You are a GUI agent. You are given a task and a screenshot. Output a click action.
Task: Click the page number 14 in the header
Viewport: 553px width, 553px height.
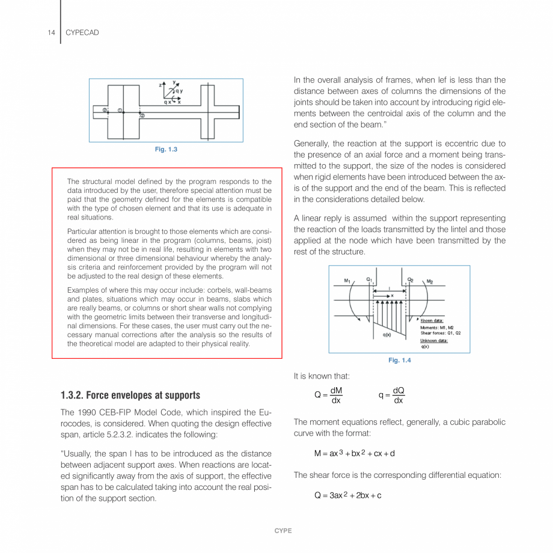pos(51,32)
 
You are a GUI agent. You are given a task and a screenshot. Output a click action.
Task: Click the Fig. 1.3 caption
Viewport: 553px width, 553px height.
pos(166,149)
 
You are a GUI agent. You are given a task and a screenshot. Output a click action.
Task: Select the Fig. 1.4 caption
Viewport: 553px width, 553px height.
pos(399,360)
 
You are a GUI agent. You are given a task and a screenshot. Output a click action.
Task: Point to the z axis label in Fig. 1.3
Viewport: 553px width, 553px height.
pos(160,85)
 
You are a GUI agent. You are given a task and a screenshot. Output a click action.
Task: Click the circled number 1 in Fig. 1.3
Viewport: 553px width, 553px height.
pos(120,110)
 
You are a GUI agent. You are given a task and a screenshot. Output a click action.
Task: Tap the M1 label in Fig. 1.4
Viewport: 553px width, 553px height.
pos(347,281)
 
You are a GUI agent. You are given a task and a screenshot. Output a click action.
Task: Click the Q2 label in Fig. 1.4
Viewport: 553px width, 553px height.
pos(411,280)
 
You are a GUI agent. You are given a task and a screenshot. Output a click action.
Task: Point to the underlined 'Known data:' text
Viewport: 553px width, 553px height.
pos(432,320)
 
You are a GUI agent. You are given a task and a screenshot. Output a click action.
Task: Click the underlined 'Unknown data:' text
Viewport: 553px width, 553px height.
pos(434,340)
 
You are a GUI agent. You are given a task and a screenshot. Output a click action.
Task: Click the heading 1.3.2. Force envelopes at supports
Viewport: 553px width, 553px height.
pos(130,395)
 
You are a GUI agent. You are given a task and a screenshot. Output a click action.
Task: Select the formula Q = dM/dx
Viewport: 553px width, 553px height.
pos(329,395)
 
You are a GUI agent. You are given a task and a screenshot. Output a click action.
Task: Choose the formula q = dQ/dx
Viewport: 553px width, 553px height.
pos(392,395)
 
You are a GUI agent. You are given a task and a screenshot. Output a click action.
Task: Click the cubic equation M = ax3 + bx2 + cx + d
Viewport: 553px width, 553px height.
pos(354,453)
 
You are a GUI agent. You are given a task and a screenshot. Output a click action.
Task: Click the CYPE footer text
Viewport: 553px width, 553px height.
pos(283,531)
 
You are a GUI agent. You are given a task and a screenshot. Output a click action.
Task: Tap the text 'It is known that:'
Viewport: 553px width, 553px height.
pos(322,376)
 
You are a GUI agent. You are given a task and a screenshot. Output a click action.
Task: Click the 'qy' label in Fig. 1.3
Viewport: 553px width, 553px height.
pos(179,91)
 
